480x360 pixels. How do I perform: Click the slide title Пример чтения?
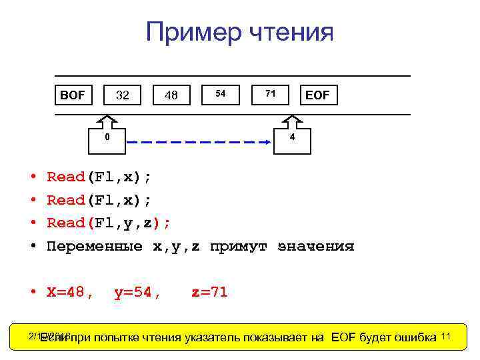pyautogui.click(x=239, y=32)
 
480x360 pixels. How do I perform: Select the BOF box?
pyautogui.click(x=73, y=95)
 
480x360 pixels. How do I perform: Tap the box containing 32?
pyautogui.click(x=122, y=95)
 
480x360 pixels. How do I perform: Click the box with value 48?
pyautogui.click(x=171, y=95)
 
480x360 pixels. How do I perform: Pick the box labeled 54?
pyautogui.click(x=221, y=94)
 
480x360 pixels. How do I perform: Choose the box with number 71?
pyautogui.click(x=270, y=94)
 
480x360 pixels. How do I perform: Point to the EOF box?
pyautogui.click(x=317, y=95)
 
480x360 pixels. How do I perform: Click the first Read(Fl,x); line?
pyautogui.click(x=99, y=177)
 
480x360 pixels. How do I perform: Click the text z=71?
pyautogui.click(x=209, y=291)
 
